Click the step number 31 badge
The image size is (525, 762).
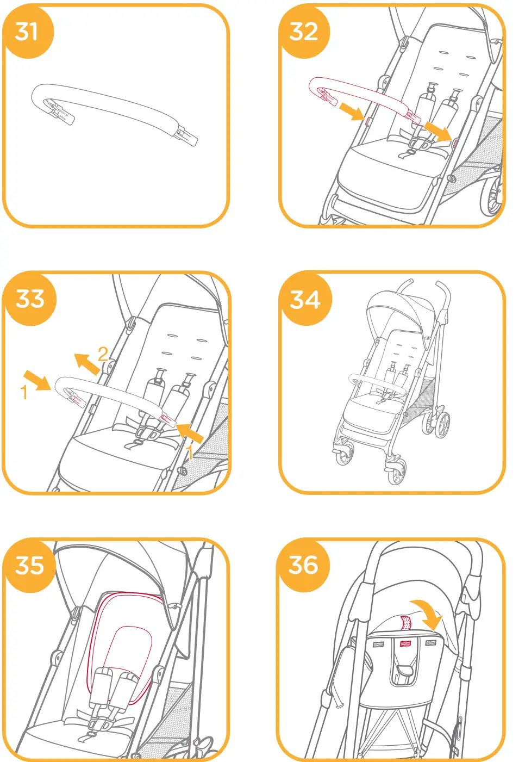pyautogui.click(x=27, y=32)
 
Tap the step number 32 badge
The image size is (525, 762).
pyautogui.click(x=303, y=32)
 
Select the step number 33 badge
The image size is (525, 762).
pyautogui.click(x=30, y=299)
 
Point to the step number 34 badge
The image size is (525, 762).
pyautogui.click(x=305, y=299)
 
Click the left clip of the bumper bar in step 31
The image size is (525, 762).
pyautogui.click(x=60, y=111)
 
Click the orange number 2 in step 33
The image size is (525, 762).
pyautogui.click(x=103, y=354)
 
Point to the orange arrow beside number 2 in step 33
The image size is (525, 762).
pyautogui.click(x=86, y=363)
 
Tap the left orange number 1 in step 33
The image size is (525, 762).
pyautogui.click(x=23, y=392)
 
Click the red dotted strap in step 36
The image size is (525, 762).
pyautogui.click(x=406, y=622)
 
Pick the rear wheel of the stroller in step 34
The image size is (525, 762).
pyautogui.click(x=442, y=424)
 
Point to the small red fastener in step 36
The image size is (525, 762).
pyautogui.click(x=405, y=644)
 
